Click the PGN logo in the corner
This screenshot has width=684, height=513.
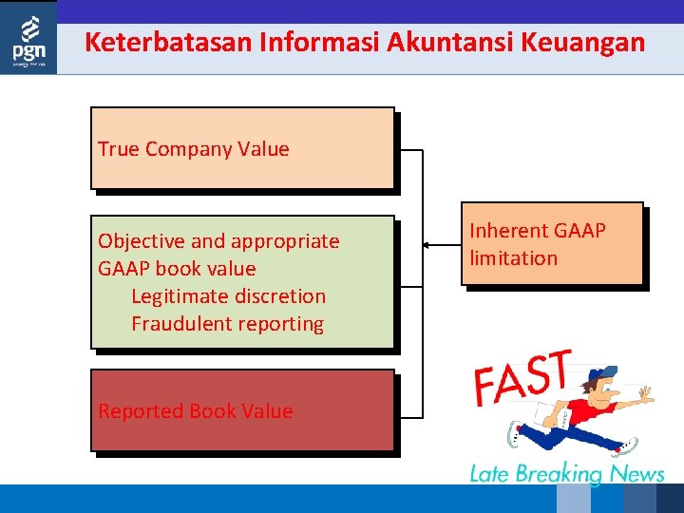click(28, 38)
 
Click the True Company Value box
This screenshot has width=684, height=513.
click(242, 148)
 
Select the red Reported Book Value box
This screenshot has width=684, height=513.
click(242, 410)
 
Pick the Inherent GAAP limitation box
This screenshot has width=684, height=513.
click(552, 243)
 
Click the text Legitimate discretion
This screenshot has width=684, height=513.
click(228, 296)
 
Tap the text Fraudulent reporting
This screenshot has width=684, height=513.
click(227, 324)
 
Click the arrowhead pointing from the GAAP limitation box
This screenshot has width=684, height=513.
click(427, 245)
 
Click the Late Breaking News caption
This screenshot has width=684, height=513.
click(567, 473)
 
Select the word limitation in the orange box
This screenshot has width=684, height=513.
click(514, 258)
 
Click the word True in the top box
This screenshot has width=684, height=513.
click(119, 149)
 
